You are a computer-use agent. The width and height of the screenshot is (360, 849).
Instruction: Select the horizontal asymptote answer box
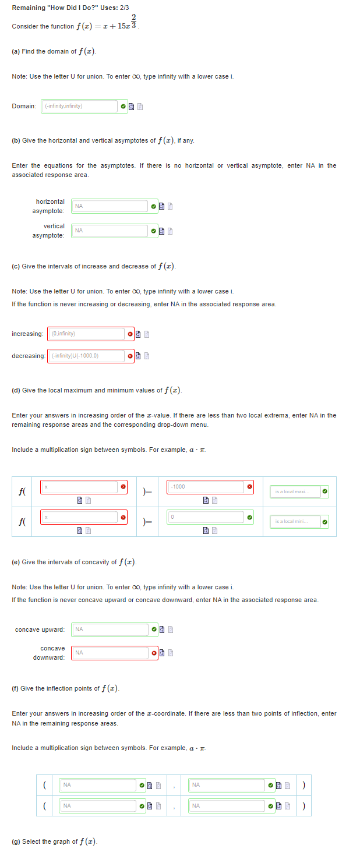110,206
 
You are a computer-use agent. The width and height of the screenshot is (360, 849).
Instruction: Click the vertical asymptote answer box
110,231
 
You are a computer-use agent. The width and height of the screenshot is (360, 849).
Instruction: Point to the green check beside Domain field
123,107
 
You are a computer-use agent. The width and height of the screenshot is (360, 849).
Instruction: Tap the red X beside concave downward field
154,653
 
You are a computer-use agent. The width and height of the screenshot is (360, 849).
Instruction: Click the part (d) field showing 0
206,517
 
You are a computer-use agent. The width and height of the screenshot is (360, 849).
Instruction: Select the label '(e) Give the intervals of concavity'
74,562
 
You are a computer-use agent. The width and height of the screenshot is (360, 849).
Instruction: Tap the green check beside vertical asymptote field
153,231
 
